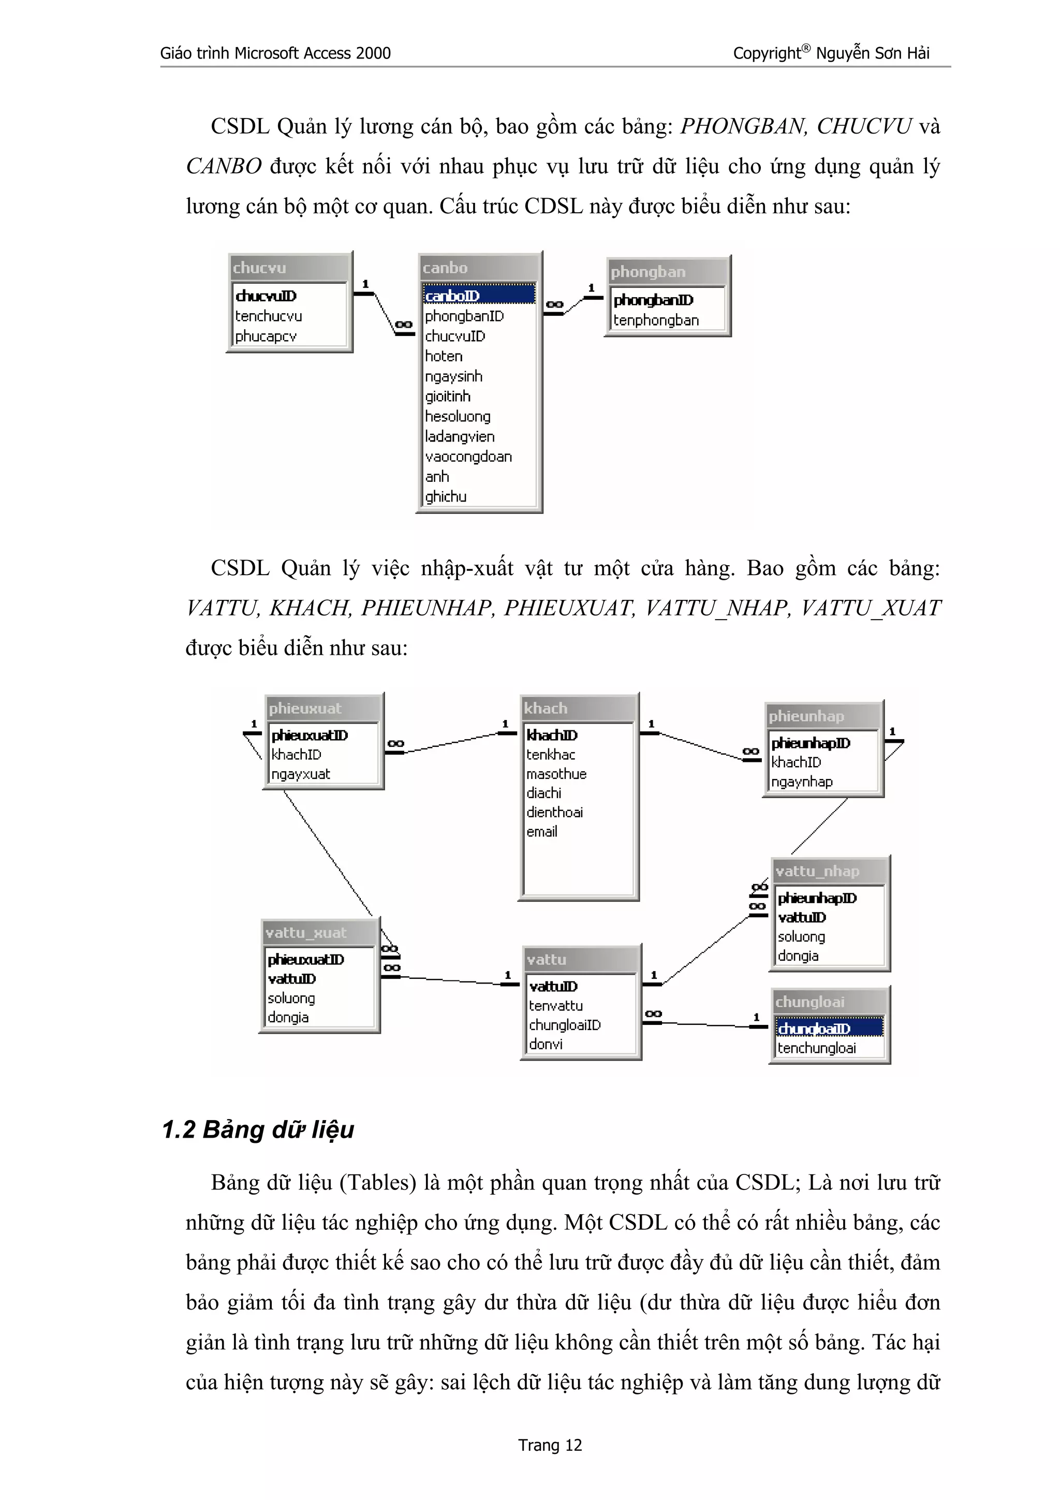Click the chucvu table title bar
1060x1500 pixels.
(x=289, y=268)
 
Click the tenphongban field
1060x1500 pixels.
(x=656, y=320)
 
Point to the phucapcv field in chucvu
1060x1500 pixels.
(x=266, y=336)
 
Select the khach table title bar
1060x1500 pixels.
(x=577, y=708)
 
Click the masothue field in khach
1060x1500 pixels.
(x=556, y=773)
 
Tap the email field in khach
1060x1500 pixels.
(x=542, y=832)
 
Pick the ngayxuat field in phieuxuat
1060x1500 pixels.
(x=300, y=774)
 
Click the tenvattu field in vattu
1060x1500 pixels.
(x=556, y=1006)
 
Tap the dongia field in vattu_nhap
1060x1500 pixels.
(x=798, y=956)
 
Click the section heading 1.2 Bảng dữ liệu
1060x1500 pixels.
(x=258, y=1129)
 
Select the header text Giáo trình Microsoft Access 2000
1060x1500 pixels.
(x=275, y=54)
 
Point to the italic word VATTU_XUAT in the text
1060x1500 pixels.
(x=871, y=608)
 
